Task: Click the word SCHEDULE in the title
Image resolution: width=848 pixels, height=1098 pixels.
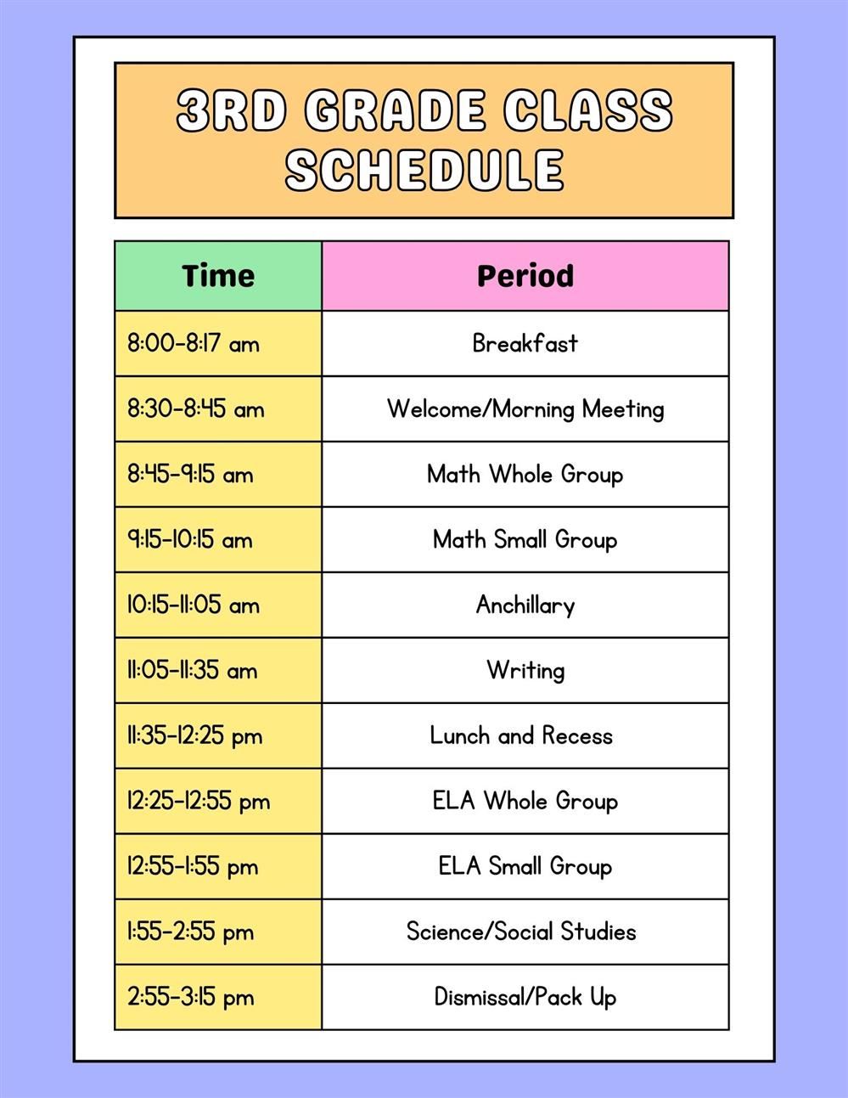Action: click(x=424, y=168)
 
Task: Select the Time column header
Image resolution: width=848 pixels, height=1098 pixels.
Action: click(x=218, y=276)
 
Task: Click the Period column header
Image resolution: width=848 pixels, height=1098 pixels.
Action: click(x=525, y=276)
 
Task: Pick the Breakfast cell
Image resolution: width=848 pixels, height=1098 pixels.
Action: click(x=525, y=343)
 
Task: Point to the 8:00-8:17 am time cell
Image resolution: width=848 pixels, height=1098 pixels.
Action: click(x=194, y=344)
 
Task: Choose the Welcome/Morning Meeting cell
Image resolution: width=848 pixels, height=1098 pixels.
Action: click(x=525, y=409)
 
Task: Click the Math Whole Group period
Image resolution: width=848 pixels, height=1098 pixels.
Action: click(x=525, y=474)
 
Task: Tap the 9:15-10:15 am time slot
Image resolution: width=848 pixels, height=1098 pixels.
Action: click(x=190, y=540)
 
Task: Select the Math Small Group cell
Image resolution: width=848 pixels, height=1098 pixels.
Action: click(x=525, y=539)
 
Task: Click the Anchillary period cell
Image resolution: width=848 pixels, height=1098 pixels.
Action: click(x=525, y=605)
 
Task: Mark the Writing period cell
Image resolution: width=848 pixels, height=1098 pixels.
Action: click(x=525, y=670)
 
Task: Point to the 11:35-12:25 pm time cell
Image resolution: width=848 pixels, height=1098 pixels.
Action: click(x=195, y=735)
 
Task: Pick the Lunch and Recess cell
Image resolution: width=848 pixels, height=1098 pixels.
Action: click(x=521, y=735)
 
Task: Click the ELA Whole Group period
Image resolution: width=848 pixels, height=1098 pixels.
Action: click(x=525, y=801)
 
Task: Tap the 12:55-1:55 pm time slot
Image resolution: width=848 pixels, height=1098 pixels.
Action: click(x=193, y=866)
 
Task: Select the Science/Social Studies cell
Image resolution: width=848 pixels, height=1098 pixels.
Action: click(x=521, y=932)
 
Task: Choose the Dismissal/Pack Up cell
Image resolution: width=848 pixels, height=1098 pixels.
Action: click(x=525, y=997)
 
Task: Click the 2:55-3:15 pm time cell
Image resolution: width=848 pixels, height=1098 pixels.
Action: click(x=191, y=997)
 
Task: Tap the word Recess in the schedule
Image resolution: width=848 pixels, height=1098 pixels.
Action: click(x=577, y=735)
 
